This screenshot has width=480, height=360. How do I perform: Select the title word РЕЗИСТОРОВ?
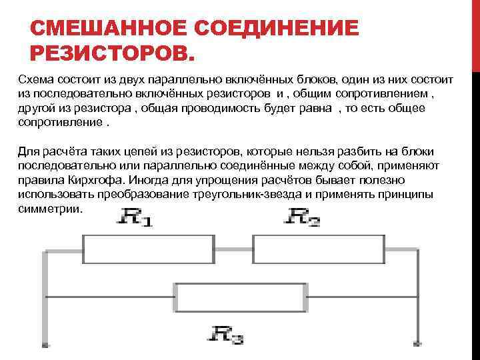click(x=114, y=53)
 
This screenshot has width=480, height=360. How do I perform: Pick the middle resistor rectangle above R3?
click(x=241, y=297)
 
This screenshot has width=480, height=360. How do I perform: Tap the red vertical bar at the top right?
click(x=475, y=33)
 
